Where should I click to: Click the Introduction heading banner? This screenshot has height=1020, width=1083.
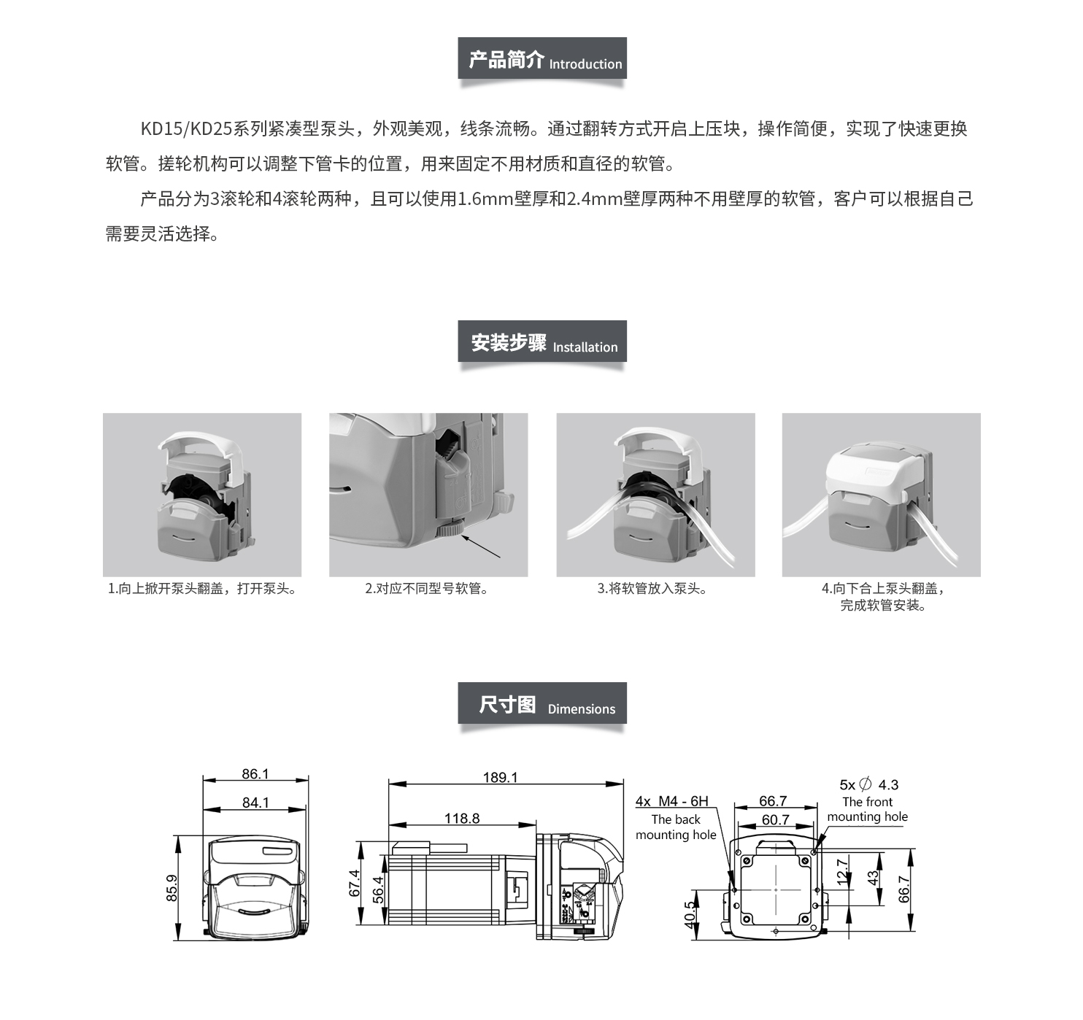coord(542,58)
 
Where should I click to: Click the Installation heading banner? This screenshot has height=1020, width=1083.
coord(542,341)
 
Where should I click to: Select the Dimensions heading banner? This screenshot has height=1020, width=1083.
coord(542,703)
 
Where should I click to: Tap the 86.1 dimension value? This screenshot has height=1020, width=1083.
coord(255,773)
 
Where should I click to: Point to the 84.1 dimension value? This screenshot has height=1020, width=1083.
coord(255,803)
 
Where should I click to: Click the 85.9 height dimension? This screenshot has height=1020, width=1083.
coord(171,888)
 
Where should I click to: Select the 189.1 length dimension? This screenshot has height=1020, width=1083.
coord(500,777)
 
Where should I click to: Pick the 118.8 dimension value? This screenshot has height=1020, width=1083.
coord(462,818)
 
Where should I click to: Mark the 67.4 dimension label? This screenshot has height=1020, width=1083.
coord(355,883)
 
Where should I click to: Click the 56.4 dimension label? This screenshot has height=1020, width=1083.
coord(378,889)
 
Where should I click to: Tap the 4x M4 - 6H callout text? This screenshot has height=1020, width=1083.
coord(672,800)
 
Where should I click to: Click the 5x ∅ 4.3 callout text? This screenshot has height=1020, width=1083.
coord(868,784)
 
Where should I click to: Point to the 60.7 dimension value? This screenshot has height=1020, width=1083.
coord(776,819)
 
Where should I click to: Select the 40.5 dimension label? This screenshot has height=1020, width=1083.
coord(690,915)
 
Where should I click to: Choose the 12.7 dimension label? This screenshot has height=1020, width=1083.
coord(842,872)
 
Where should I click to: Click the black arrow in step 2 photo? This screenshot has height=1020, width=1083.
coord(480,546)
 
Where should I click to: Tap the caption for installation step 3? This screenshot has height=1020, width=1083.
coord(652,589)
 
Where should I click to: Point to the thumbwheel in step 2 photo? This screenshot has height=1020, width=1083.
coord(450,528)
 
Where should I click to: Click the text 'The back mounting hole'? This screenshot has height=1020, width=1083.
coord(676,827)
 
